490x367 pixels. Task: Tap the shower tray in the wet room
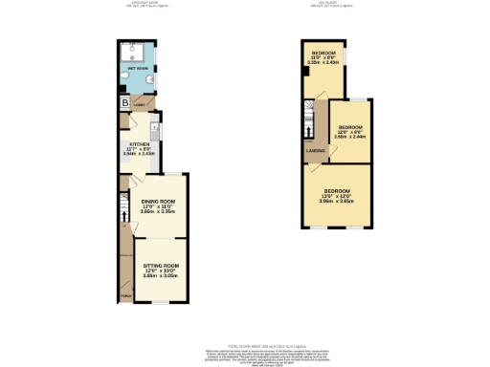point(131,51)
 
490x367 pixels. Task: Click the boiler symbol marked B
point(124,102)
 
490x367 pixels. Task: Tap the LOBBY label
point(141,104)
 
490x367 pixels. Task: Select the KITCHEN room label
point(140,143)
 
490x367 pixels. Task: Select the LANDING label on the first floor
point(314,150)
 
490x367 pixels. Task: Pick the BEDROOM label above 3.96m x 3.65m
point(336,190)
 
